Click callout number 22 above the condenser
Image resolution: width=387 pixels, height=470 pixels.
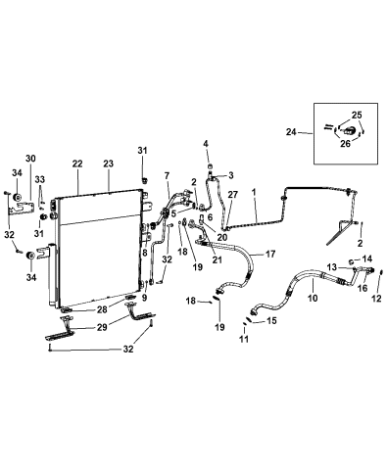pos(76,164)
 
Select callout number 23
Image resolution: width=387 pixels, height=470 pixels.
pos(108,164)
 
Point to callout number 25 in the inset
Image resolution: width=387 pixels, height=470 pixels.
pos(356,115)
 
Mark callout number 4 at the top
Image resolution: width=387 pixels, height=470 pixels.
pos(207,143)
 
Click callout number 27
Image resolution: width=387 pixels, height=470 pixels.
pos(232,195)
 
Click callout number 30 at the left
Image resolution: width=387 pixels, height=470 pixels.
pos(30,159)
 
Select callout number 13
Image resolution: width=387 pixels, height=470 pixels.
pos(332,266)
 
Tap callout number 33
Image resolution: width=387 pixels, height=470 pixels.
pos(42,179)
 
